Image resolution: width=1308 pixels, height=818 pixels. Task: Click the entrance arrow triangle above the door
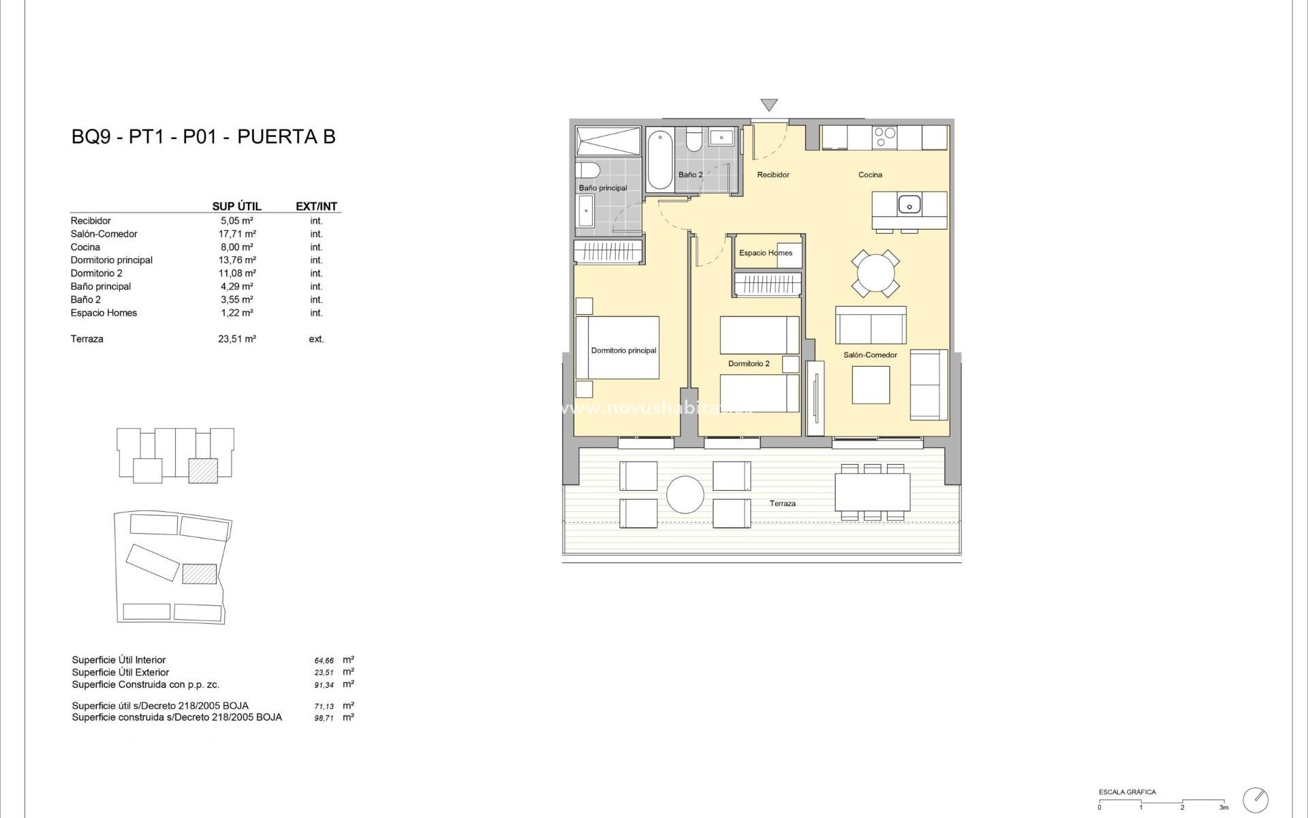(769, 105)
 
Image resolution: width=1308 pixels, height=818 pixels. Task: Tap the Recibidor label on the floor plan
(773, 175)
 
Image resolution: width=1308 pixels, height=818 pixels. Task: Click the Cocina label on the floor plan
(870, 175)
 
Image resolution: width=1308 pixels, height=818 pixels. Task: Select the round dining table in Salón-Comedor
(875, 274)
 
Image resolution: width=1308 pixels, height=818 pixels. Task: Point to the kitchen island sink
(909, 204)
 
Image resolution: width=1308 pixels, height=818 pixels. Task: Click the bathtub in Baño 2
(659, 161)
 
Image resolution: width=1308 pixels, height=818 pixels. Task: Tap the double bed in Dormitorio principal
(617, 348)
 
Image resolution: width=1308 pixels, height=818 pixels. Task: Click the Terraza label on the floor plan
(782, 504)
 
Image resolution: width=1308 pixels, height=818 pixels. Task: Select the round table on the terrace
(685, 494)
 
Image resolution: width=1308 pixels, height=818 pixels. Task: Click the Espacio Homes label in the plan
(766, 253)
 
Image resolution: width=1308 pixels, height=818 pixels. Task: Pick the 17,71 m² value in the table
(236, 234)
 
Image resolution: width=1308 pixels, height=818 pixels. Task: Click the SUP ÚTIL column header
(236, 207)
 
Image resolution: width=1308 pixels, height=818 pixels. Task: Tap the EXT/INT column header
(316, 207)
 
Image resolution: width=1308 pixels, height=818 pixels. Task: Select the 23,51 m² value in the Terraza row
(236, 339)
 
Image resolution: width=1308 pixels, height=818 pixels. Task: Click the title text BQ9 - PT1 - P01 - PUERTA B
(203, 137)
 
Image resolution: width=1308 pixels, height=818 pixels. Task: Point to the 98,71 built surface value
(324, 718)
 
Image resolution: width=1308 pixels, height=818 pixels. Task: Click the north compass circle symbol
(1256, 799)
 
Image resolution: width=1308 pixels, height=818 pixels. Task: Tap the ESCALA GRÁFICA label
(1127, 792)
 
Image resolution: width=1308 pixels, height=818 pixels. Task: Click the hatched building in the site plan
(199, 573)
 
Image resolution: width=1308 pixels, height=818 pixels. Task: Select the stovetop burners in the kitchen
(885, 137)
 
